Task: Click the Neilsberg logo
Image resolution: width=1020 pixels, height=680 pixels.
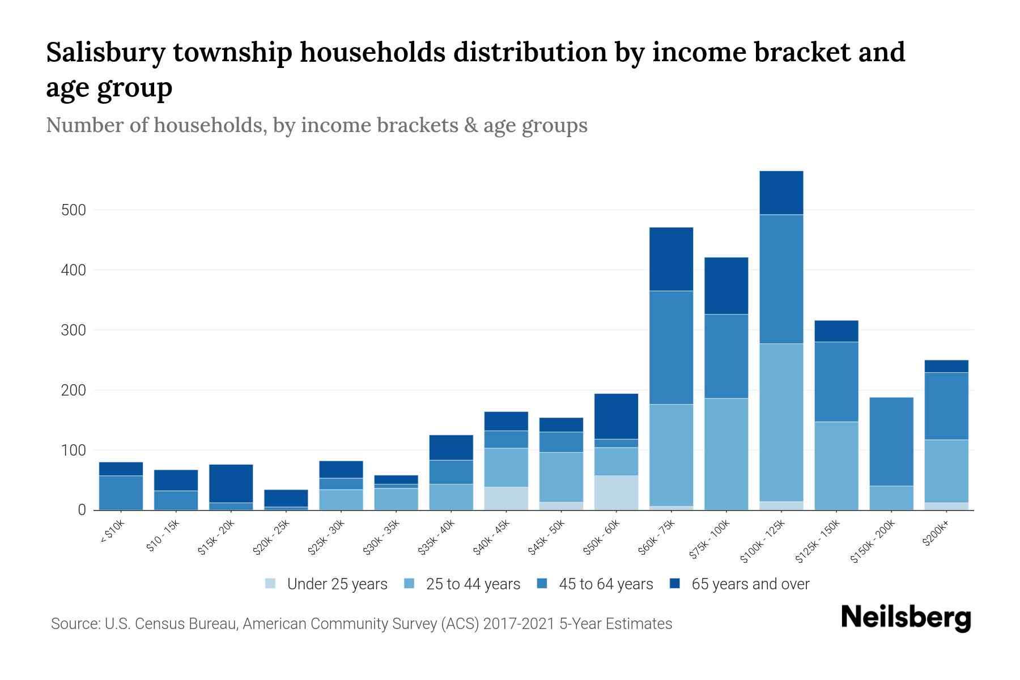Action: [906, 617]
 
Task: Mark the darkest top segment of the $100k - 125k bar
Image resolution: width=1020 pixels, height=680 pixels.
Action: [781, 193]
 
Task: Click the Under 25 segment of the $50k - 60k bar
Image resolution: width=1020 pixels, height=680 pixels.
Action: [616, 492]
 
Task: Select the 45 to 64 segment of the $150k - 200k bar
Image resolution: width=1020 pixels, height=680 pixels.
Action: [891, 441]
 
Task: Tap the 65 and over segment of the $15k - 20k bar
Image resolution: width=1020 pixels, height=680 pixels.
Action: [231, 483]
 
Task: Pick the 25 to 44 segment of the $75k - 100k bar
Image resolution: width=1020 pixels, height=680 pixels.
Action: [726, 454]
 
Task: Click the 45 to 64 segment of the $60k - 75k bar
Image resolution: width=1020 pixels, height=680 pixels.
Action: [671, 347]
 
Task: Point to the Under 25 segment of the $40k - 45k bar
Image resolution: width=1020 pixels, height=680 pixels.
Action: [506, 498]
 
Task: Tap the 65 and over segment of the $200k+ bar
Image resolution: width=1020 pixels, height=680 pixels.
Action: [946, 366]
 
